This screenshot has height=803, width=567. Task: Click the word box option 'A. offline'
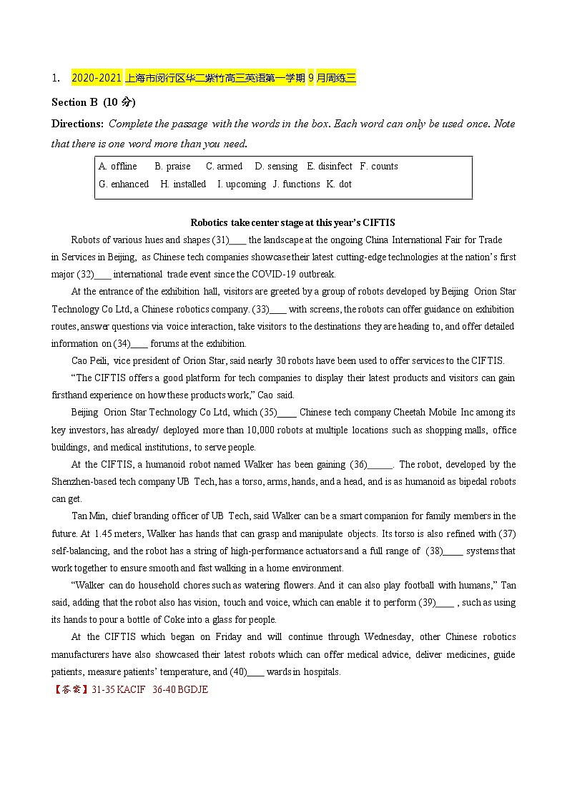click(118, 167)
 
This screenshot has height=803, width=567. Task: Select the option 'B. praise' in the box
click(173, 167)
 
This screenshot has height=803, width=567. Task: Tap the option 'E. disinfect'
click(330, 167)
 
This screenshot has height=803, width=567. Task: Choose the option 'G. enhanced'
click(124, 184)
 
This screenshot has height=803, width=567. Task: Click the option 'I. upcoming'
click(242, 184)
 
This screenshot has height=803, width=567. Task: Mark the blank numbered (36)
click(380, 465)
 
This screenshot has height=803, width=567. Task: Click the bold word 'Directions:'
click(78, 124)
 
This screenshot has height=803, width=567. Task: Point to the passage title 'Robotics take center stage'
click(292, 222)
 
